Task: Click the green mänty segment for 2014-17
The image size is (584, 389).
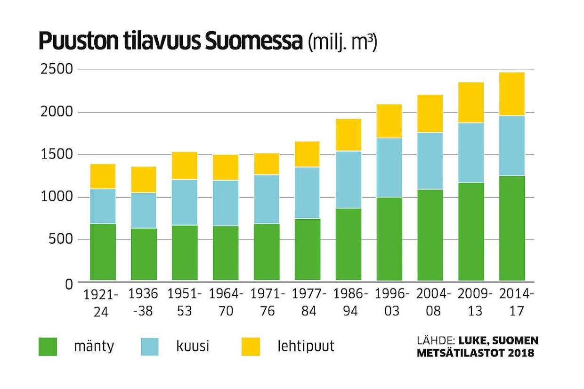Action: [512, 228]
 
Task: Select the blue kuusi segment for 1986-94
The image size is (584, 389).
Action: [348, 180]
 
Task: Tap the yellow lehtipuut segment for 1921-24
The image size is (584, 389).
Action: [103, 176]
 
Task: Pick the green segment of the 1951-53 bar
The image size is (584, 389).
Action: [185, 252]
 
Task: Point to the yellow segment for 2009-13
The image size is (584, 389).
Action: [471, 102]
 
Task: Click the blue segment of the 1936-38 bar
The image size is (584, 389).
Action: [144, 210]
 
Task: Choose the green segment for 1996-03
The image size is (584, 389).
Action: [389, 239]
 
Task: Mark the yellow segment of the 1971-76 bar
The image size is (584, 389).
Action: [267, 164]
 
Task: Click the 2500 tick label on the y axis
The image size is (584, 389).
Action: [57, 70]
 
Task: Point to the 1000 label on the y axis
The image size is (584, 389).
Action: [57, 197]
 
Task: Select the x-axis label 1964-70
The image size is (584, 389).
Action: [226, 302]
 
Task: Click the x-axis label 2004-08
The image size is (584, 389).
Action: [433, 302]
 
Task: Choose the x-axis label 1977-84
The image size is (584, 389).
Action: [309, 302]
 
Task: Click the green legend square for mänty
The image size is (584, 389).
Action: [48, 347]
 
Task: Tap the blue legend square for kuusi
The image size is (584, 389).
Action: [149, 347]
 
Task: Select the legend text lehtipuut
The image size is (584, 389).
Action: [306, 347]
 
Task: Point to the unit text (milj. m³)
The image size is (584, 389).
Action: [342, 43]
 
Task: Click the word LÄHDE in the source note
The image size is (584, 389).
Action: [435, 341]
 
